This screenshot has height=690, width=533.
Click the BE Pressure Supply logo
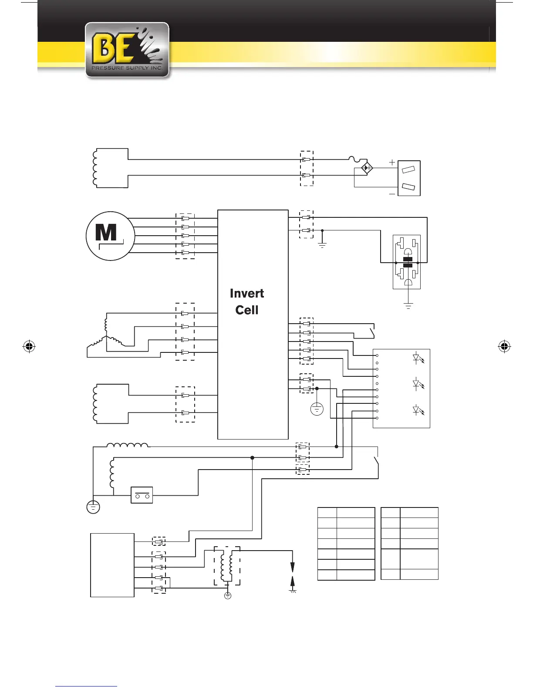127,50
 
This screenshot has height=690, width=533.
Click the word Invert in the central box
246,293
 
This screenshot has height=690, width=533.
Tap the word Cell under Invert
246,310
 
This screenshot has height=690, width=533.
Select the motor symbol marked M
110,236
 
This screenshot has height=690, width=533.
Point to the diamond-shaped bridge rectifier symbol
367,168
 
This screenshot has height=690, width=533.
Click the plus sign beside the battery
392,162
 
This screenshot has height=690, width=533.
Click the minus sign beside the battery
392,194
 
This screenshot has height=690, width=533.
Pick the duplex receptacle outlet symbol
407,262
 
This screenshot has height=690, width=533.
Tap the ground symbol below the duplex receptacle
408,306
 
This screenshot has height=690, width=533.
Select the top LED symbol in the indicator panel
417,358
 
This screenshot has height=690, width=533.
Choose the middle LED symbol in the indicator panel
417,384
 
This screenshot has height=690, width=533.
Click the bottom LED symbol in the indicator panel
417,410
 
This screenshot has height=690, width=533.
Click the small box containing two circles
142,495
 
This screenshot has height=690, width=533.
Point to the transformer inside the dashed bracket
227,566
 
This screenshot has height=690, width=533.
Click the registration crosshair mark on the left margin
29,347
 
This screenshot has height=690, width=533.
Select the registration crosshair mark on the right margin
504,347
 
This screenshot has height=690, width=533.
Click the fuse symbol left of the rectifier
356,161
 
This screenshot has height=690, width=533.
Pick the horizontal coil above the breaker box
128,445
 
